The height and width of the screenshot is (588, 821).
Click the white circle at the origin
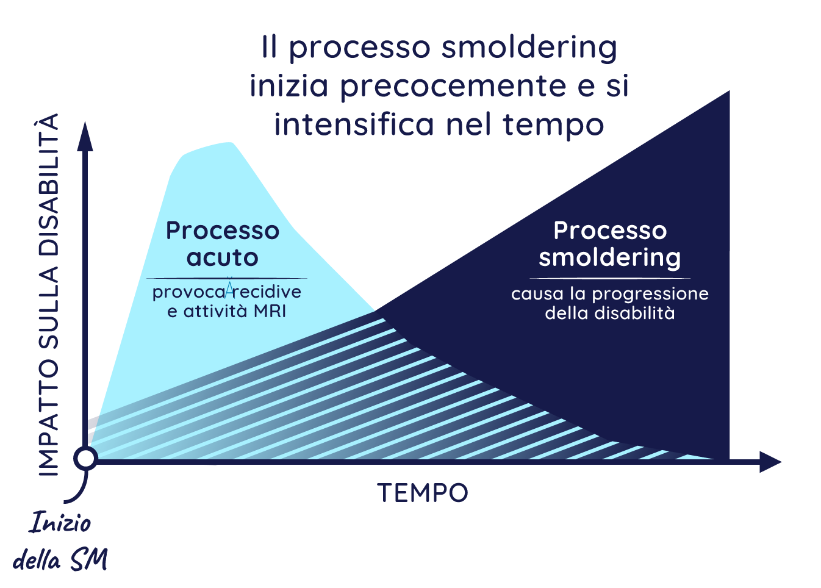[86, 458]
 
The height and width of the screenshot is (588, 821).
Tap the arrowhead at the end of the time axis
[772, 462]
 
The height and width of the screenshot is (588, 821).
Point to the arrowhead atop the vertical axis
[85, 135]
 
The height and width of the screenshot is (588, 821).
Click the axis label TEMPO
[423, 493]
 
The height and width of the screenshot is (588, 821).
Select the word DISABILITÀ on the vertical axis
[49, 185]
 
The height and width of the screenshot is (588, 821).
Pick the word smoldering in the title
[529, 48]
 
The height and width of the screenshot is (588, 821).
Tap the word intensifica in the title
[354, 124]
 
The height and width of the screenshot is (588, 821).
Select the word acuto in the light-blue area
[223, 257]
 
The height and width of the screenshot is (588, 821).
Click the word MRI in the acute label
[270, 311]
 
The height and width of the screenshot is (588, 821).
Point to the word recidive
[267, 292]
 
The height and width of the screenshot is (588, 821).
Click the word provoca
[188, 292]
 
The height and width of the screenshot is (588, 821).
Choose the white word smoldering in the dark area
[610, 257]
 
